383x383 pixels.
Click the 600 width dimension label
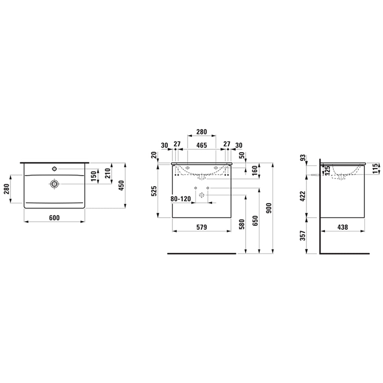54,218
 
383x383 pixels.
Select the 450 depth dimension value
121,185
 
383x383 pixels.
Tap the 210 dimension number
108,173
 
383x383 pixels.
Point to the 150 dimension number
94,176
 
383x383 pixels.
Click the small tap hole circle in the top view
54,169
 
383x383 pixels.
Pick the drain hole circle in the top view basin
54,184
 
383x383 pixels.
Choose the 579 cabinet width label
202,227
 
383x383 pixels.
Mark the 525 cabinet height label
154,191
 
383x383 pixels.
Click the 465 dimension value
202,146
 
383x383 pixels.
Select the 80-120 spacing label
181,199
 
